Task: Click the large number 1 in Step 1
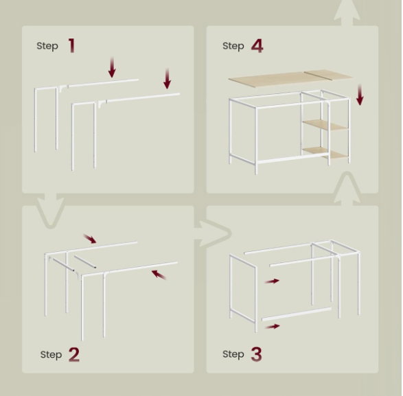point(72,45)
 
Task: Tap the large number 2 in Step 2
point(74,354)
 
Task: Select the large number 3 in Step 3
point(256,354)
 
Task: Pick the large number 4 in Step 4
point(257,46)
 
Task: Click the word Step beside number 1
point(47,46)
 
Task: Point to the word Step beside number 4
point(233,46)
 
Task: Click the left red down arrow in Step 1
point(112,67)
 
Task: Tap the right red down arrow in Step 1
point(168,79)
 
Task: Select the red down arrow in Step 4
point(360,95)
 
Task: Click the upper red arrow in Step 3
point(272,281)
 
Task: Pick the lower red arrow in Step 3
point(272,327)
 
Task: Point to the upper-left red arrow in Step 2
point(90,238)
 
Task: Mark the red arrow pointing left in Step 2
point(159,275)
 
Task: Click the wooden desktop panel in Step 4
point(290,78)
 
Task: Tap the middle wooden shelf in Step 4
point(325,125)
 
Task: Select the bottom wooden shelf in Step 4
point(325,153)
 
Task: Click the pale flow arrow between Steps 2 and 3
point(213,233)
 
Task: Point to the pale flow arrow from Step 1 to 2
point(51,211)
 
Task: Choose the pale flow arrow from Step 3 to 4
point(347,189)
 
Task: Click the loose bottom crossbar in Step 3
point(297,314)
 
